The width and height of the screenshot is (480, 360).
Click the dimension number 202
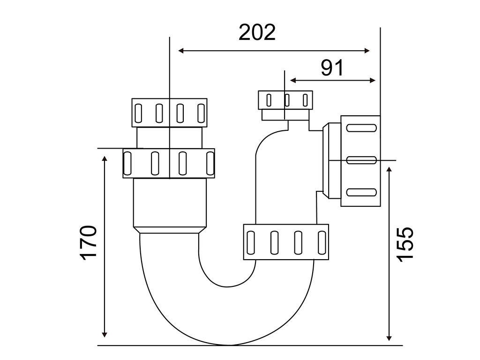pos(257,32)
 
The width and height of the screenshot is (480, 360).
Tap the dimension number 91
pos(332,67)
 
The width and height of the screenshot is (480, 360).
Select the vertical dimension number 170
pos(89,243)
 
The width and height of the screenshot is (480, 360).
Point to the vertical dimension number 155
pos(405,244)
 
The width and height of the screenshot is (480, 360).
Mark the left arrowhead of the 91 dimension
pos(292,81)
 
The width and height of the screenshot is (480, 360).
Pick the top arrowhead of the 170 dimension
pos(105,158)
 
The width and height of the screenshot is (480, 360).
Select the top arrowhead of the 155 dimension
pos(389,169)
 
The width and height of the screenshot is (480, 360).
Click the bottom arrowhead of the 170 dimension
pos(105,335)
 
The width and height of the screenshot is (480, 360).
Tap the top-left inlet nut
pos(169,112)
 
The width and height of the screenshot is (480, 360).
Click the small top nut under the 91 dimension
pos(285,100)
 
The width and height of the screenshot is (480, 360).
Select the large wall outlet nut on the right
pos(360,161)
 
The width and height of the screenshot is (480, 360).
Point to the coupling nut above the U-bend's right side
pos(286,242)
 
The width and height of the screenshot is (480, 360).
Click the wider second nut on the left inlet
pos(169,163)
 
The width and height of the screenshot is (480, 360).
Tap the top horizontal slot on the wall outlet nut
pos(361,127)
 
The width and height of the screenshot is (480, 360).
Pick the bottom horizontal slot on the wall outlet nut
pos(361,192)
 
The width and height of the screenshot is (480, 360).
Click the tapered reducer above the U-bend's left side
pos(169,230)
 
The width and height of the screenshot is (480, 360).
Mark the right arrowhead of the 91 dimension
pos(373,81)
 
